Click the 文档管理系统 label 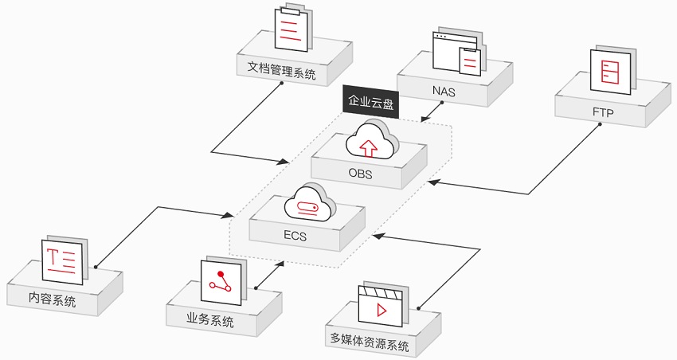281,70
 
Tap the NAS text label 444,92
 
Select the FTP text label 603,112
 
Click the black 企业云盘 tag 371,101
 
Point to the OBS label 361,174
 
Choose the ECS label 295,236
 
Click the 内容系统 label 53,299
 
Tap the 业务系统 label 210,320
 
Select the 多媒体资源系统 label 370,341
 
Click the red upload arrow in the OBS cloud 368,148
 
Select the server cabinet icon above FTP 613,70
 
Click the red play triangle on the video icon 382,310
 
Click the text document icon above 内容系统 65,260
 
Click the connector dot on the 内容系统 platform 96,267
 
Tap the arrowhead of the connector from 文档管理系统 284,162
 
